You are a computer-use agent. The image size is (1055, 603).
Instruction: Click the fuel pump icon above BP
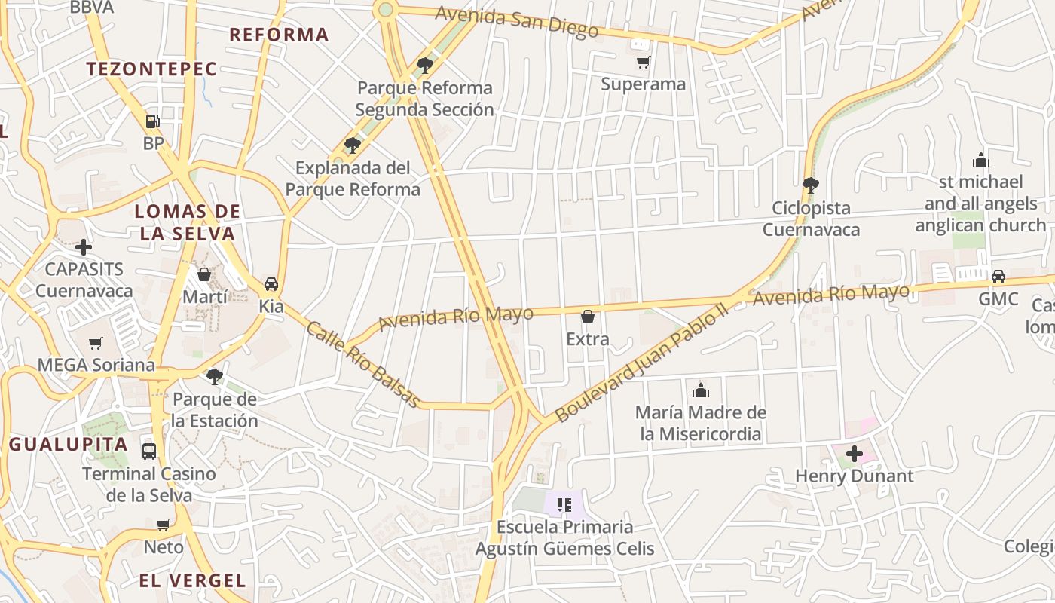click(152, 121)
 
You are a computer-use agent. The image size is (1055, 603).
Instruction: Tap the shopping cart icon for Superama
click(643, 62)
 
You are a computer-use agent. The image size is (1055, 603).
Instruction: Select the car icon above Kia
click(271, 284)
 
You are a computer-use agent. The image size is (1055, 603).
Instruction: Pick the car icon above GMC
click(998, 277)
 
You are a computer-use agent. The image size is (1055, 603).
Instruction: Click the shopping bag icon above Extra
click(588, 317)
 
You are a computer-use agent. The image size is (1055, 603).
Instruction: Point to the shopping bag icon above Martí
click(203, 274)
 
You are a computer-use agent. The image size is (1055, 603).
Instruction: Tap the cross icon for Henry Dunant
click(855, 454)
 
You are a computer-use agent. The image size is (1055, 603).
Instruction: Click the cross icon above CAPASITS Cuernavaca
click(84, 246)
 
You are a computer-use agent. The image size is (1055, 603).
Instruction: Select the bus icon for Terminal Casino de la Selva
click(149, 451)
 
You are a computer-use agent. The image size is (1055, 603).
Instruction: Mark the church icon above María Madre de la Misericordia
click(701, 390)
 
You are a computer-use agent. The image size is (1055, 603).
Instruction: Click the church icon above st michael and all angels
click(980, 160)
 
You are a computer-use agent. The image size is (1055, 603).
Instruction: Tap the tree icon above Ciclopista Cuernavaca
click(811, 185)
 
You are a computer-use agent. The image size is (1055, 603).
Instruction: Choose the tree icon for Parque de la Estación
click(215, 376)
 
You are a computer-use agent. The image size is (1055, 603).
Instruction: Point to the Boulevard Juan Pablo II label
click(641, 362)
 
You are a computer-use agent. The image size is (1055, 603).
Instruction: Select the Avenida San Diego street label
click(517, 22)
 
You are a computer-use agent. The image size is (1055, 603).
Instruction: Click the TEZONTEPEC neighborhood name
click(151, 69)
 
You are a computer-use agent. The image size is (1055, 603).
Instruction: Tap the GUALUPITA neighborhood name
click(69, 444)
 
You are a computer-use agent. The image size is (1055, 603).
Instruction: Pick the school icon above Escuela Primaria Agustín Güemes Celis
click(564, 504)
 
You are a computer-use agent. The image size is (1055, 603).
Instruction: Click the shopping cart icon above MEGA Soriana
click(96, 344)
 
